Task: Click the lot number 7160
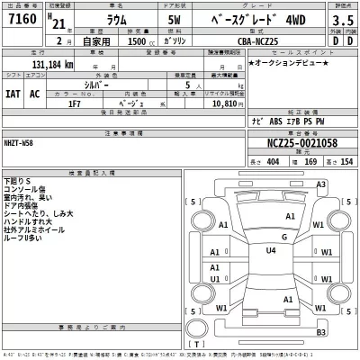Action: pos(21,20)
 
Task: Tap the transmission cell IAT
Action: pos(13,93)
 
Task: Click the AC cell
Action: pos(34,93)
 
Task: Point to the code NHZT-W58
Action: pos(24,143)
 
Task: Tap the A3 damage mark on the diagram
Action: pos(319,184)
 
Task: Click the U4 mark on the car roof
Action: pos(270,251)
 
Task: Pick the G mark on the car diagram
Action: pos(283,238)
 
